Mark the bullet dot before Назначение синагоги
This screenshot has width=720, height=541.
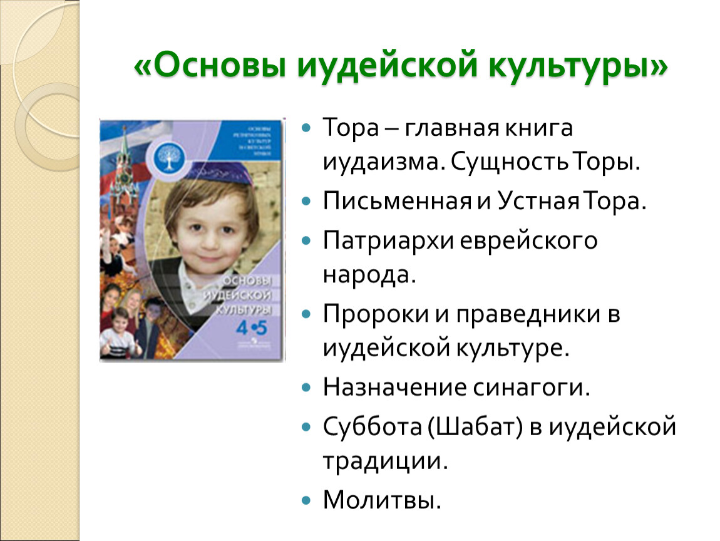click(x=306, y=388)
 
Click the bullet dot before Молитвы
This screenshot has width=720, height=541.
click(x=306, y=500)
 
